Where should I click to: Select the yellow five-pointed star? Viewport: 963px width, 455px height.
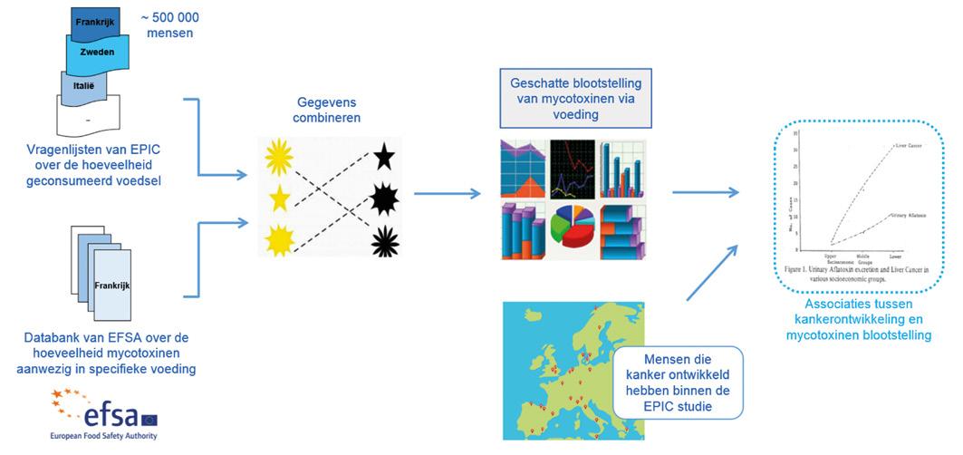click(277, 197)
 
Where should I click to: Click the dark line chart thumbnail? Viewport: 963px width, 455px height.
click(573, 169)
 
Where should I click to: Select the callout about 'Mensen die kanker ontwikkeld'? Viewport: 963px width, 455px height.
click(677, 382)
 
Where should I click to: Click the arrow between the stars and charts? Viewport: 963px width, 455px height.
click(448, 193)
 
